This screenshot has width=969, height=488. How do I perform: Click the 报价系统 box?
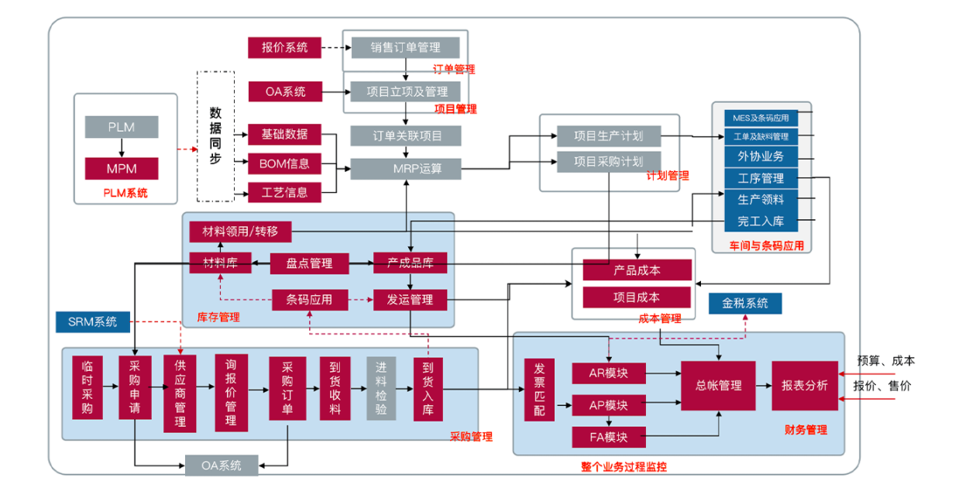[x=285, y=47]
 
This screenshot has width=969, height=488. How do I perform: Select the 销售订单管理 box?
[x=406, y=47]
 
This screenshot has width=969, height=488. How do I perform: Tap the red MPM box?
[x=122, y=168]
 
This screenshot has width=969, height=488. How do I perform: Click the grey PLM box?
[x=122, y=127]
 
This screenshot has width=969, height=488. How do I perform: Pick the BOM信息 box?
[x=285, y=163]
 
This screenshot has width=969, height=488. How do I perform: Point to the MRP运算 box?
[x=406, y=168]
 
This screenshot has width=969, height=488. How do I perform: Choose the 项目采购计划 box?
[x=608, y=162]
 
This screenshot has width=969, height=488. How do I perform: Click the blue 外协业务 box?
[x=761, y=156]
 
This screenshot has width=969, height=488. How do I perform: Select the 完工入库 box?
[x=761, y=222]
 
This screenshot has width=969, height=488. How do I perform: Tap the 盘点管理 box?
[x=310, y=263]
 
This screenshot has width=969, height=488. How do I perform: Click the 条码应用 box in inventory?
[x=310, y=299]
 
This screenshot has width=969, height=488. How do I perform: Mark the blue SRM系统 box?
[x=92, y=321]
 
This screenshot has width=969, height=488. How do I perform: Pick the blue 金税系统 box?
[x=745, y=304]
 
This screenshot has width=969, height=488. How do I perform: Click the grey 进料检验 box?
[x=381, y=388]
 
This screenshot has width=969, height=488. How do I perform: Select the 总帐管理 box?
[x=719, y=386]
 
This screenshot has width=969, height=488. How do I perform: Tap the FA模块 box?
[x=610, y=437]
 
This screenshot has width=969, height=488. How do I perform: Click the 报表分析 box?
[x=804, y=386]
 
